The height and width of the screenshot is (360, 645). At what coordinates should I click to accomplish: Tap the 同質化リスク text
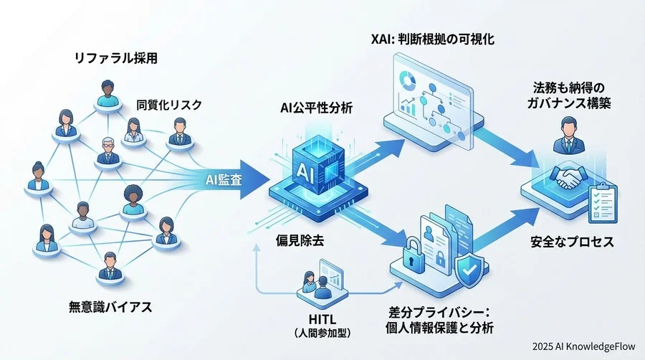pos(169,105)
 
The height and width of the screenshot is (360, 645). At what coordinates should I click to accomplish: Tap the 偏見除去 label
pos(300,240)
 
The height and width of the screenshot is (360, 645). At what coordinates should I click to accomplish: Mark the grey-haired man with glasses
pos(108,149)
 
